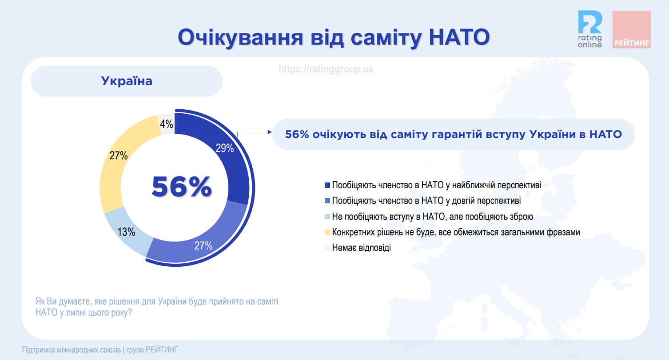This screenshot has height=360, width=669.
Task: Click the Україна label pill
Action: [x=127, y=81]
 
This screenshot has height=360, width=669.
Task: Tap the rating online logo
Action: [x=590, y=29]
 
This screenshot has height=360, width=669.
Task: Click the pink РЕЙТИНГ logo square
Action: [x=631, y=29]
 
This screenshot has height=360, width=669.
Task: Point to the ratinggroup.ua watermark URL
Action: [x=326, y=69]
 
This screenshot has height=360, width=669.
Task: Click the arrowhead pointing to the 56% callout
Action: [x=270, y=132]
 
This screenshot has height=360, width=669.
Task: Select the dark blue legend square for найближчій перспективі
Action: [x=327, y=185]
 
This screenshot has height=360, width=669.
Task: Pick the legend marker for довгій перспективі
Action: [x=327, y=201]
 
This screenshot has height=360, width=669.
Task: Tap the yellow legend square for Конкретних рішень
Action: [x=327, y=232]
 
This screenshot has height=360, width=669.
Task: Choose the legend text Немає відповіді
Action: [x=362, y=247]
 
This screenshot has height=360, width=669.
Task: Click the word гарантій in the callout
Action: [x=451, y=135]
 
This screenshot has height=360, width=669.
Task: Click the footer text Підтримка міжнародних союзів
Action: [x=72, y=349]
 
